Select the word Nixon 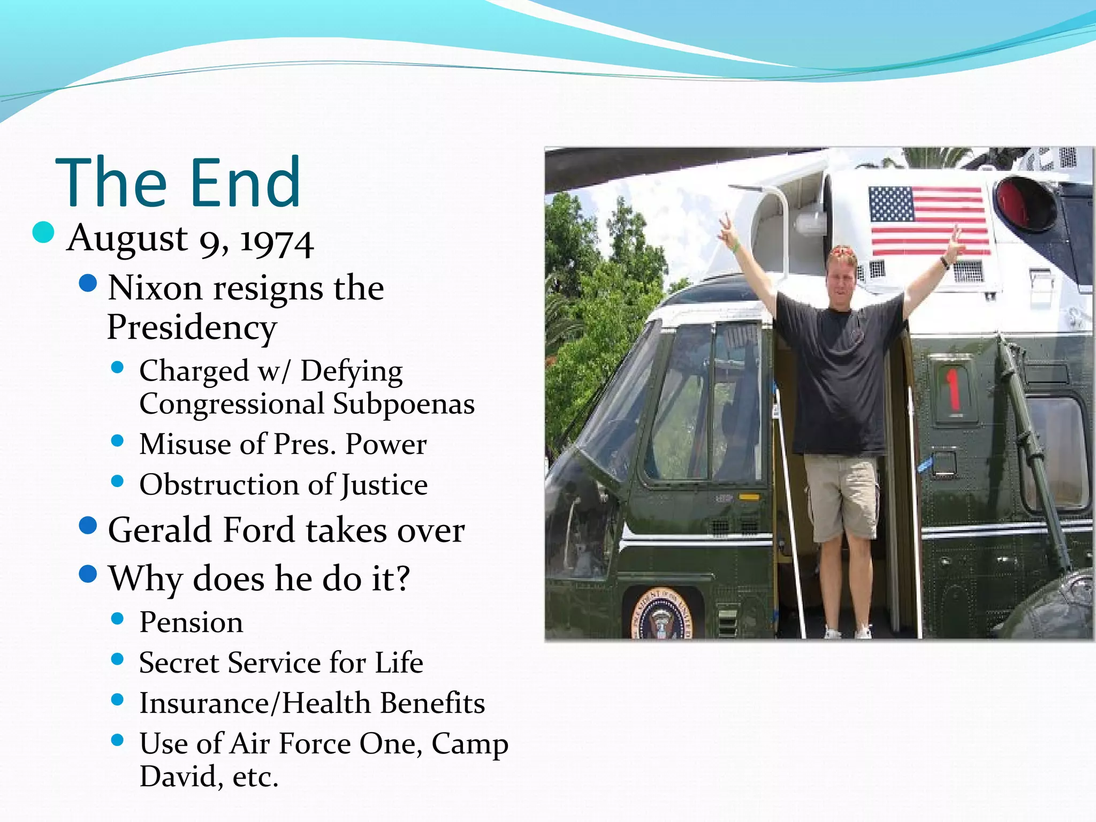155,288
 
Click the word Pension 191,622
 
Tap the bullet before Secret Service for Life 117,659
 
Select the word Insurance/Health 255,703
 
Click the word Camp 470,744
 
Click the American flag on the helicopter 928,220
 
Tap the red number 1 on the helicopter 952,389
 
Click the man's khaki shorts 842,495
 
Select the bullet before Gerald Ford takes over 88,526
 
